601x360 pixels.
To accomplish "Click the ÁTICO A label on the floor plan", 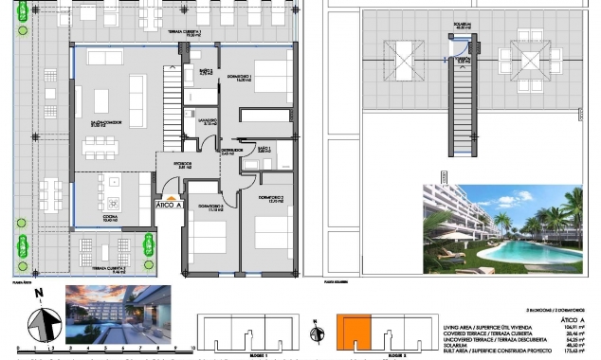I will pos(170,204).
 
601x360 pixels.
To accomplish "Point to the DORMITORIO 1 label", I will pos(242,78).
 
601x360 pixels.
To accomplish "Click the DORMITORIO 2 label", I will pos(271,199).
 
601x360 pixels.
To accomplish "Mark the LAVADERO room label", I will pos(209,122).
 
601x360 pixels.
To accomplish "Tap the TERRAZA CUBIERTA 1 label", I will pos(186,34).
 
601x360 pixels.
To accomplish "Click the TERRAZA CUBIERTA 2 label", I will pos(111,268).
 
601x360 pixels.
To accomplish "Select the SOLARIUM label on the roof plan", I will pos(464,26).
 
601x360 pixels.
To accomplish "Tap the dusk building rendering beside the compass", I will pos(118,313).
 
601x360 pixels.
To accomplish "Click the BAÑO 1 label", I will pos(265,150).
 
